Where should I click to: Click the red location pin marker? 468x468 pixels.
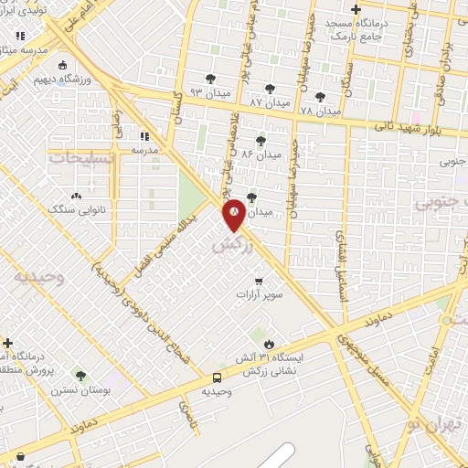point(235,213)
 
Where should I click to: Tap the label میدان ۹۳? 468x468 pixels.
point(207,93)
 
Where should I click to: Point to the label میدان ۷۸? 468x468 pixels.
point(319,110)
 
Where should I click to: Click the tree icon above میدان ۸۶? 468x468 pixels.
point(261,140)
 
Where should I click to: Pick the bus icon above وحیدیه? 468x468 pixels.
point(218,378)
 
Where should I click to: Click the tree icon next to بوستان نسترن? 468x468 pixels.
point(80,376)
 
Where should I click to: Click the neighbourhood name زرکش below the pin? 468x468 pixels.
point(230,244)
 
